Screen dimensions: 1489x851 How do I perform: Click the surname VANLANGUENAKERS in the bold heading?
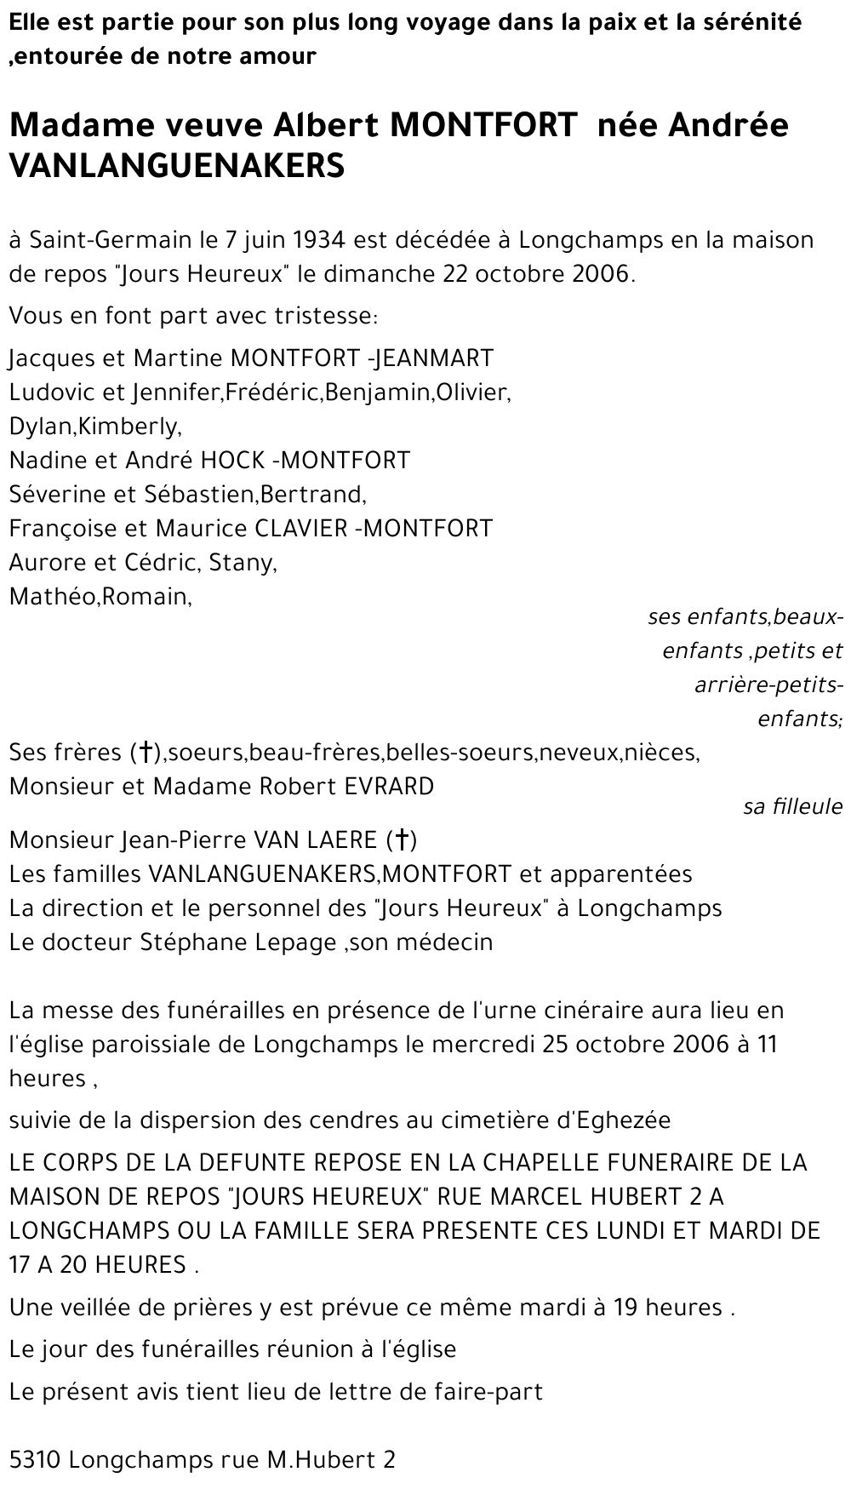[177, 166]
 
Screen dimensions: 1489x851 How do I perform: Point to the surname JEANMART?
[434, 358]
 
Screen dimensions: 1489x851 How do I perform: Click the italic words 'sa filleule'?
[792, 806]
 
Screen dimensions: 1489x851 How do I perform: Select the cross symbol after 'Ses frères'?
[146, 753]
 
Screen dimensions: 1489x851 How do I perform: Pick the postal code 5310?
[35, 1460]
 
